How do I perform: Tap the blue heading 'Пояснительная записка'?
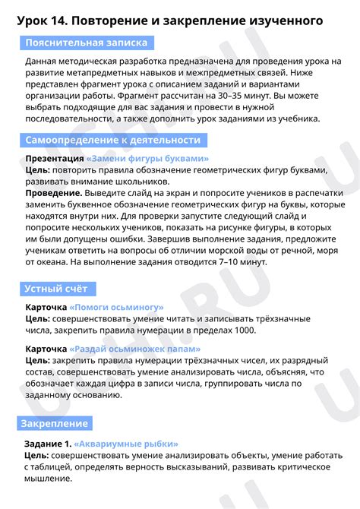click(x=86, y=43)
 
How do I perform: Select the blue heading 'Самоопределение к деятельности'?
click(x=112, y=141)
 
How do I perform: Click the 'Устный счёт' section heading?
click(x=56, y=289)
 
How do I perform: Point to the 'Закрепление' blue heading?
click(x=54, y=423)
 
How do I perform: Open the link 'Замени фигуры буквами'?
click(x=148, y=159)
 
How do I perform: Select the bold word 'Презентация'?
click(x=55, y=159)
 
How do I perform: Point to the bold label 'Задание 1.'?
click(x=48, y=443)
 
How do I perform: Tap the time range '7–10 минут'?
click(x=236, y=262)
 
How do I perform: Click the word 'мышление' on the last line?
click(x=49, y=479)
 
